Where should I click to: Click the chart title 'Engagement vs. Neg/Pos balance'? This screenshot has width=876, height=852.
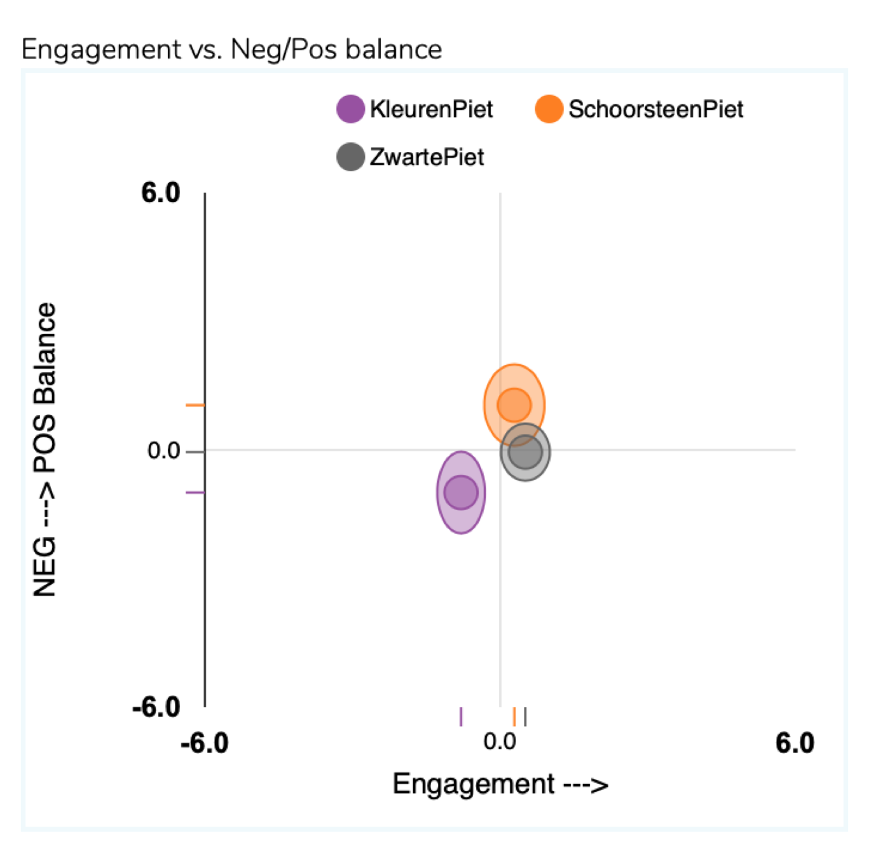231,50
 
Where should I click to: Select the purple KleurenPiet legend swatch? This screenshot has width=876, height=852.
350,109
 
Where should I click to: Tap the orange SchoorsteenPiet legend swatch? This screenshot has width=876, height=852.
549,109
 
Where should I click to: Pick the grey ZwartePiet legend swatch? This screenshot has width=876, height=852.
350,157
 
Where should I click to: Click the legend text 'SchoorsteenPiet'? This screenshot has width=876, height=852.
655,109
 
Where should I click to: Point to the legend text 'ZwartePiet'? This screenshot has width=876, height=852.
427,157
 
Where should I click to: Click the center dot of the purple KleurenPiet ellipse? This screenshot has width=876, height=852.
461,492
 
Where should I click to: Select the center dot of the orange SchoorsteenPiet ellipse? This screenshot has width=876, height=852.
514,404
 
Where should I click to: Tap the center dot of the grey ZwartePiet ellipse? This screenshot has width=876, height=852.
525,452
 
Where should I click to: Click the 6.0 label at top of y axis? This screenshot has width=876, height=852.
161,193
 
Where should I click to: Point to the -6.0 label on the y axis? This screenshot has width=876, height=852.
156,707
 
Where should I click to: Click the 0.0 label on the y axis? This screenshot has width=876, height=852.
163,451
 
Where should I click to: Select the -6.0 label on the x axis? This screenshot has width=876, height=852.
205,743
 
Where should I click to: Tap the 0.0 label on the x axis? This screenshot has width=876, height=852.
500,741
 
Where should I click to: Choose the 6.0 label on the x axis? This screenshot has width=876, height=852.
795,743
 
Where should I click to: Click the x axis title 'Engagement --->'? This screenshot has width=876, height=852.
500,784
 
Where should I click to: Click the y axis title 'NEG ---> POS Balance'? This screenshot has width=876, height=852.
45,450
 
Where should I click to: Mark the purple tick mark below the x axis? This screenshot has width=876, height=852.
461,717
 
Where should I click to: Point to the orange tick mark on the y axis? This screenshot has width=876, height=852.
195,405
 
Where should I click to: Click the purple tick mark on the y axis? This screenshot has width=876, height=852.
195,492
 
